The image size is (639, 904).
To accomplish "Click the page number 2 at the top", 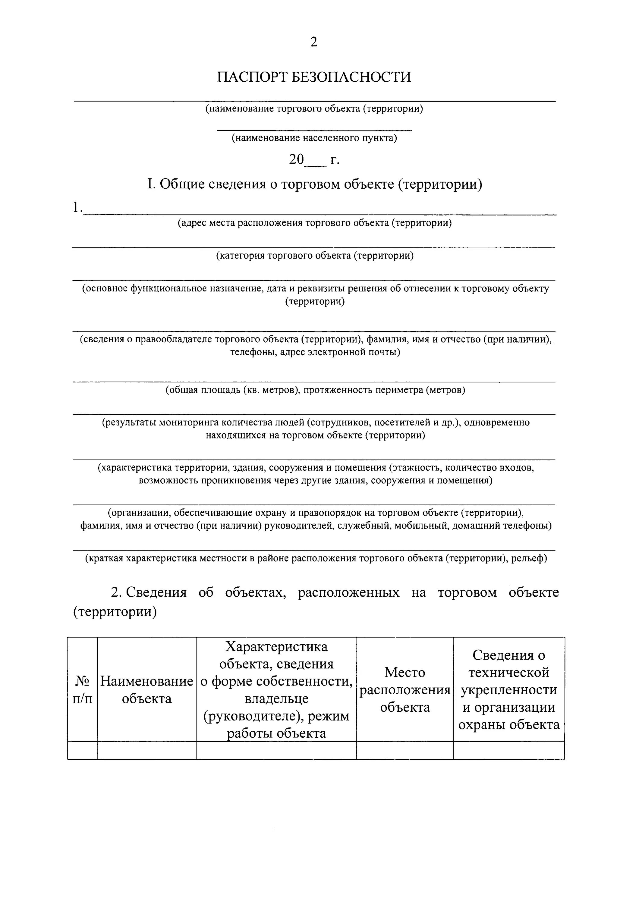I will click(x=313, y=42).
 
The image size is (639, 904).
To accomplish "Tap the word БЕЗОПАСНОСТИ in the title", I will click(x=351, y=77).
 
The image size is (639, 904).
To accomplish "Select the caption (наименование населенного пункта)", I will click(x=314, y=138).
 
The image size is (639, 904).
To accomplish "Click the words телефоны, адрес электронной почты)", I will click(x=315, y=352).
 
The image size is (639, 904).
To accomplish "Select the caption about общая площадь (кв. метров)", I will click(x=315, y=390).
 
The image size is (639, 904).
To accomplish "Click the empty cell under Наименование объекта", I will click(x=147, y=750).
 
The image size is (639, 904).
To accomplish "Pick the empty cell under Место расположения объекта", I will click(x=405, y=750).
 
